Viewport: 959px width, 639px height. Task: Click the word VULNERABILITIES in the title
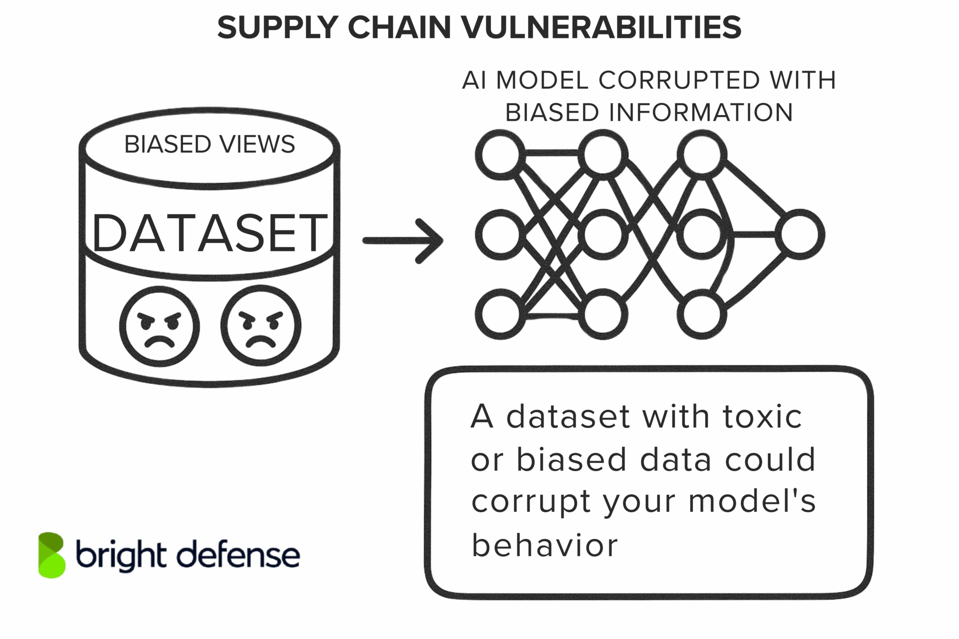tap(602, 27)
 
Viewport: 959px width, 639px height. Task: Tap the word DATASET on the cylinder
tap(209, 233)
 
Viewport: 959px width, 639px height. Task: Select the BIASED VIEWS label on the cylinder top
tap(209, 144)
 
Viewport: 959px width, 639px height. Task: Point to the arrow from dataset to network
tap(403, 241)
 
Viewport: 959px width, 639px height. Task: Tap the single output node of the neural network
tap(800, 234)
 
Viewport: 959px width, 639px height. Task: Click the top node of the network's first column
tap(500, 154)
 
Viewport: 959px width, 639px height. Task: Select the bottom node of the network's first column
tap(500, 314)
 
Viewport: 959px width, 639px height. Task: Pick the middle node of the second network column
tap(603, 234)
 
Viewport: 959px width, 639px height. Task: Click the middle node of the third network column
tap(701, 234)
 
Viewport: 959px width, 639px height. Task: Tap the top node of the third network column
tap(701, 154)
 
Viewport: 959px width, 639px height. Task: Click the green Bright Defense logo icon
tap(52, 555)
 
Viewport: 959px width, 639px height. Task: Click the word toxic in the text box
tap(762, 417)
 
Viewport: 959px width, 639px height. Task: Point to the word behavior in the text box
tap(544, 546)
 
